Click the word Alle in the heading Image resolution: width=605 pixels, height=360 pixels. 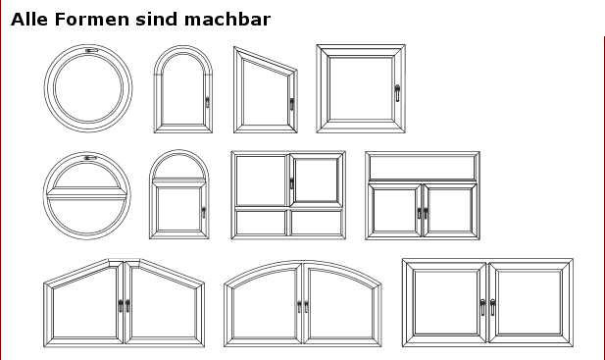29,20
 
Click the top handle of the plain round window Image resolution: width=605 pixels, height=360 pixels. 91,50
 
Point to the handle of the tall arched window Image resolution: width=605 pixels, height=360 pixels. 207,102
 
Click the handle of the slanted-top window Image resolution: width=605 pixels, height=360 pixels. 291,104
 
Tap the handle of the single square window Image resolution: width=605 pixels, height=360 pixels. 397,93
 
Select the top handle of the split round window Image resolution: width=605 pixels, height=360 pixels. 90,158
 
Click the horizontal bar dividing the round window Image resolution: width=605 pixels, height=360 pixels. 87,193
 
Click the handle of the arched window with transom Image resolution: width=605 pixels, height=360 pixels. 204,212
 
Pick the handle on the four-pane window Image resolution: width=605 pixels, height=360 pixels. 291,183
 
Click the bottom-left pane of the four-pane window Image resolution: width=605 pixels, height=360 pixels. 261,223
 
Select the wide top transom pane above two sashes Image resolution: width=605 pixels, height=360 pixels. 422,167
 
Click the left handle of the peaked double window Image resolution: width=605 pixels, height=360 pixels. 121,306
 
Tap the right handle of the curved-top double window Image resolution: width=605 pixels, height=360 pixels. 306,307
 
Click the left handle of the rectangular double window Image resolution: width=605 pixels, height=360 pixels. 482,307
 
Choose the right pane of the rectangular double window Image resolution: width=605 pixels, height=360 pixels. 529,302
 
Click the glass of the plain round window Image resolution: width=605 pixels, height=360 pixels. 89,88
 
